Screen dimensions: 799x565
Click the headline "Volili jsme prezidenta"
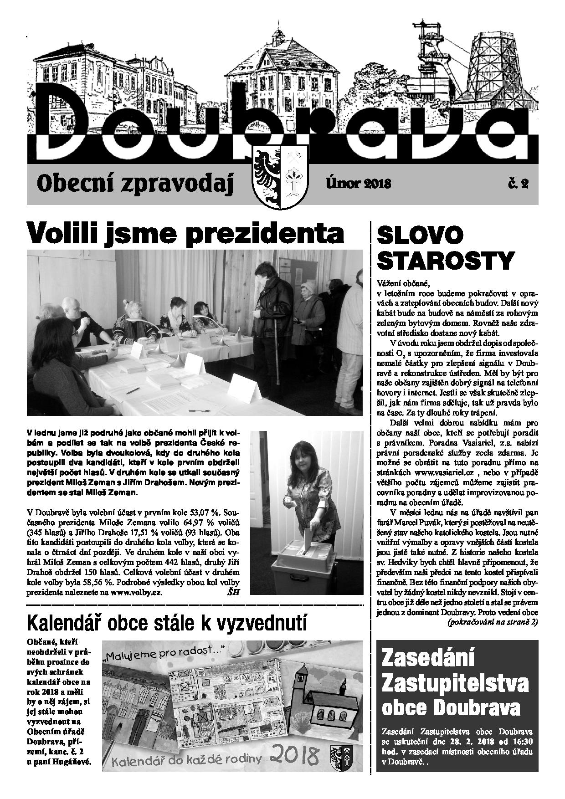pos(185,233)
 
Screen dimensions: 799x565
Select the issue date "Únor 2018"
pos(358,183)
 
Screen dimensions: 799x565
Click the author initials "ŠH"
pos(232,592)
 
